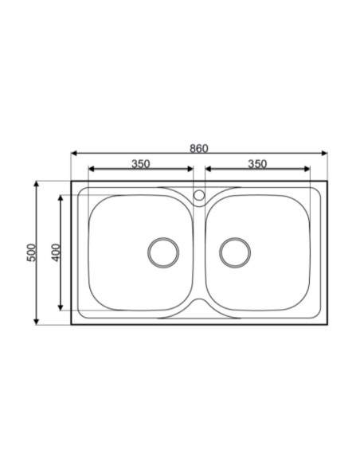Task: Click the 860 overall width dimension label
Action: point(199,147)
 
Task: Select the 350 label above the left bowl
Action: point(140,164)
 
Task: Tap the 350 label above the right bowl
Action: point(256,164)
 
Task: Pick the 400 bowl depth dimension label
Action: point(55,252)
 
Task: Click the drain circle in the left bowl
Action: point(163,252)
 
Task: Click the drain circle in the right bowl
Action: point(235,252)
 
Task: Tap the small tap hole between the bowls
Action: point(199,193)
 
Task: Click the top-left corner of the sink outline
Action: point(72,182)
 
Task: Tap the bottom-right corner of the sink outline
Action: point(327,323)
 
